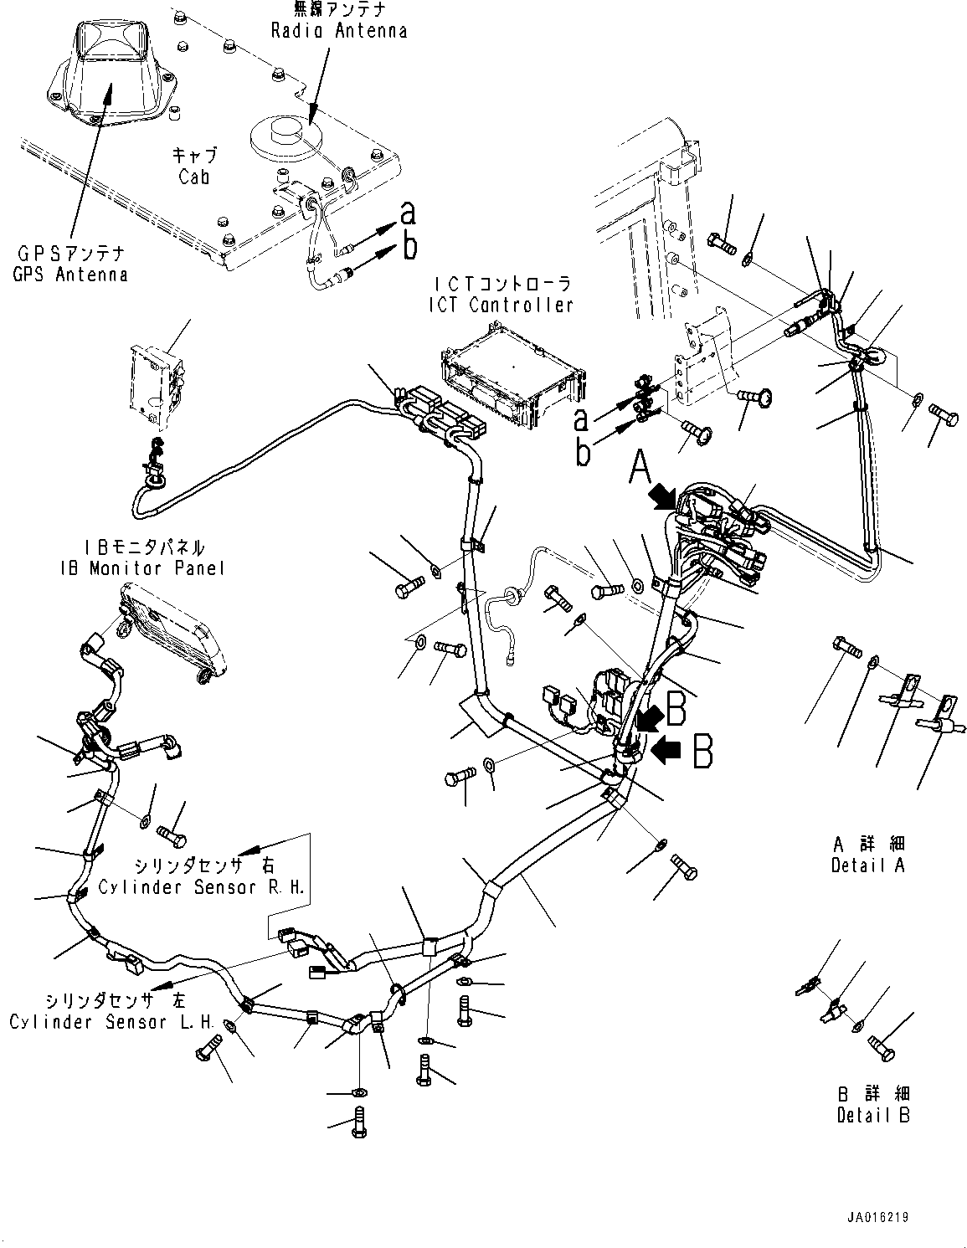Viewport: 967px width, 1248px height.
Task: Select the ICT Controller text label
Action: pyautogui.click(x=499, y=295)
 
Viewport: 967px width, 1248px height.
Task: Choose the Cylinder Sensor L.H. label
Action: pyautogui.click(x=111, y=1011)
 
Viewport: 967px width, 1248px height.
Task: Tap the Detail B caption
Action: pyautogui.click(x=872, y=1105)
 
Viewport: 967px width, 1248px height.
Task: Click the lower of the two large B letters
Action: pyautogui.click(x=702, y=752)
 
